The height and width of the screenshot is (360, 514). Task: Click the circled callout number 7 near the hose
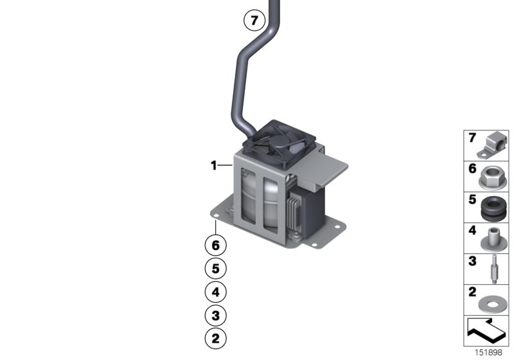pyautogui.click(x=254, y=21)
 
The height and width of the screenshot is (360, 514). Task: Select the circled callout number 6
pyautogui.click(x=216, y=245)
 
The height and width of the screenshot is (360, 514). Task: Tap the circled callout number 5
pyautogui.click(x=216, y=268)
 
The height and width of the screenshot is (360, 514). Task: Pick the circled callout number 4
pyautogui.click(x=216, y=292)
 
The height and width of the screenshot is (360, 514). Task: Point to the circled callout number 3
pyautogui.click(x=216, y=315)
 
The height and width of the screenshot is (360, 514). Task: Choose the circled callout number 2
pyautogui.click(x=216, y=337)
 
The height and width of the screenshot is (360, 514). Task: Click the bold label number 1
pyautogui.click(x=213, y=166)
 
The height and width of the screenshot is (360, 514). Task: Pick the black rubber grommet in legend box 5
pyautogui.click(x=493, y=207)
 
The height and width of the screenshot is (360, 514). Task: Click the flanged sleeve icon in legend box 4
pyautogui.click(x=493, y=238)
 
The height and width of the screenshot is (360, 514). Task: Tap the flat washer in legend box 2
pyautogui.click(x=493, y=300)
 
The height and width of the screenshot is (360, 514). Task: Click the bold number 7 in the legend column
pyautogui.click(x=472, y=138)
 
